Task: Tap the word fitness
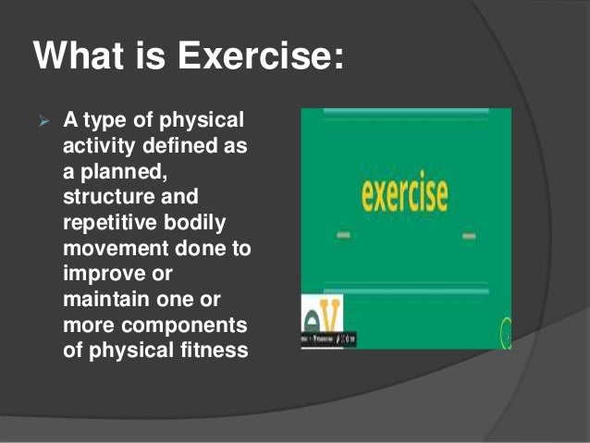click(x=211, y=351)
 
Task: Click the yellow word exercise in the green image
click(x=404, y=194)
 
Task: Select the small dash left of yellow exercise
click(x=343, y=236)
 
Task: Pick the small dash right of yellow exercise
click(x=469, y=237)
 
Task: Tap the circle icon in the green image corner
click(x=507, y=327)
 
